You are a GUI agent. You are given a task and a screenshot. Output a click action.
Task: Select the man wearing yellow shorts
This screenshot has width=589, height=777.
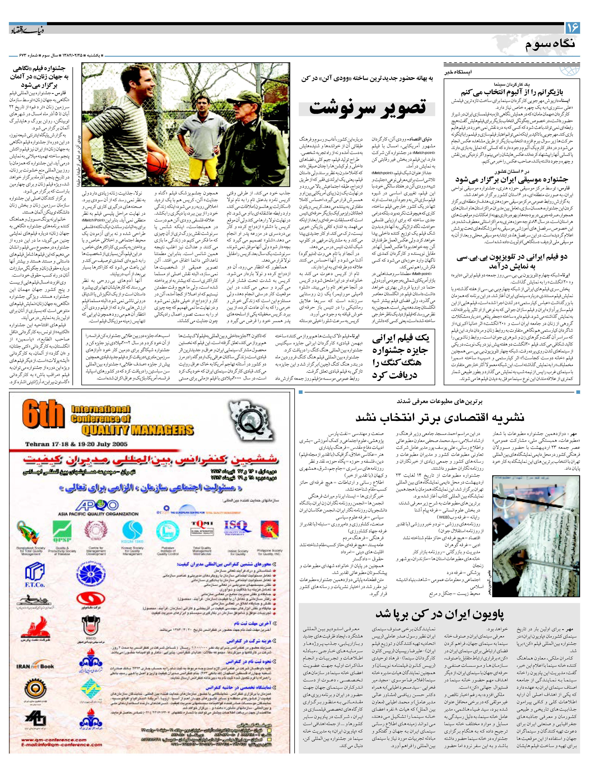(202, 141)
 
